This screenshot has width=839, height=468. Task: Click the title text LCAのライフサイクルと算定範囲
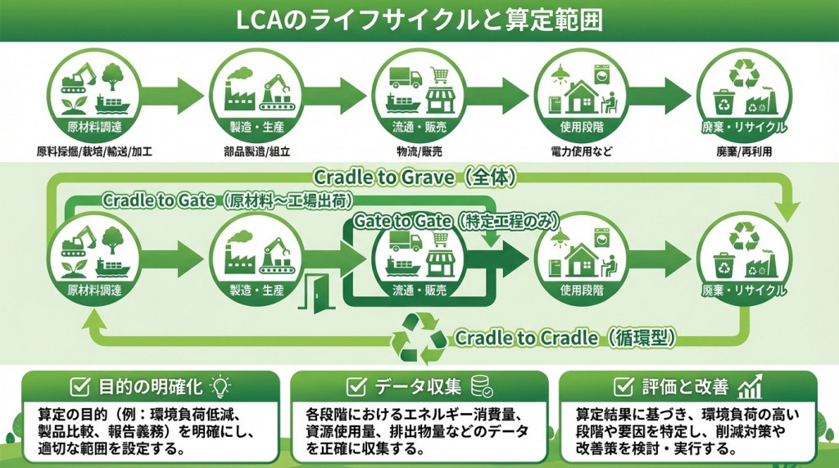click(419, 20)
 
